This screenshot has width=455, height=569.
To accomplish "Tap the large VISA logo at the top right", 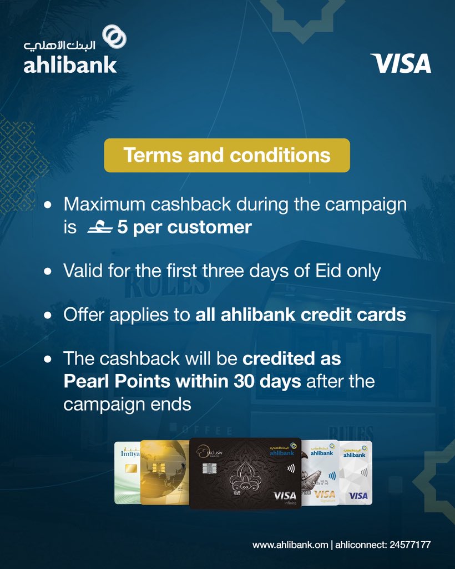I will (x=400, y=63).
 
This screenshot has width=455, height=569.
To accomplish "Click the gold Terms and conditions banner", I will (x=227, y=155).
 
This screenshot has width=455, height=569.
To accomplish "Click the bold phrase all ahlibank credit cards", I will (x=301, y=315).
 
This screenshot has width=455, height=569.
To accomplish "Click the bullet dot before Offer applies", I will (x=48, y=315).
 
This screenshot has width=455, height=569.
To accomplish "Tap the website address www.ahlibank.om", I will (x=290, y=545).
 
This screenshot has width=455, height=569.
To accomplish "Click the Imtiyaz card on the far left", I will (x=127, y=472).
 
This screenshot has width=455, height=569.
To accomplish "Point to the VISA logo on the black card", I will (x=285, y=495).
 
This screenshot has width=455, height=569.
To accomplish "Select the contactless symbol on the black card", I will (x=291, y=468).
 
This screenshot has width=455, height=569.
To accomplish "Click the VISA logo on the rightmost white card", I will (x=358, y=495).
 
